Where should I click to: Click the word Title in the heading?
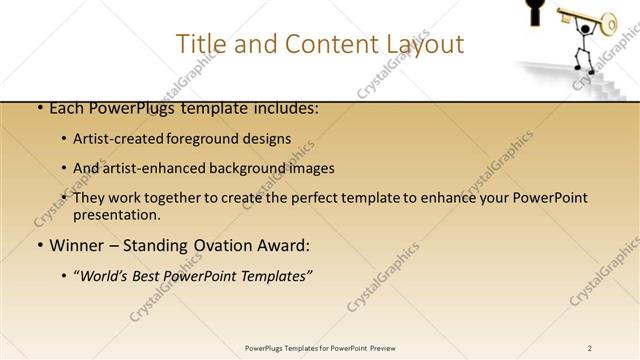[x=200, y=44]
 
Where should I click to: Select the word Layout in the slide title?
[x=422, y=44]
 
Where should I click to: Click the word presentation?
[x=115, y=214]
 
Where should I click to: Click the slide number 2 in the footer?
[x=589, y=347]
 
